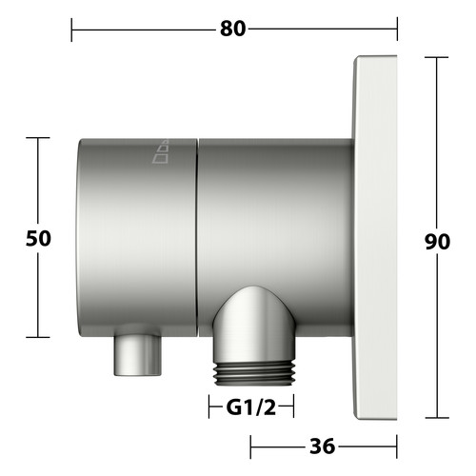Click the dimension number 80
coord(232,29)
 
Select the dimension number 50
coord(38,238)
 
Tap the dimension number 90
coord(437,242)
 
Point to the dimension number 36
coord(322,446)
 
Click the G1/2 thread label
coord(251,407)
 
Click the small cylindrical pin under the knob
coord(138,355)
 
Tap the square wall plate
coord(375,238)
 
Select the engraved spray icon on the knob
coord(161,151)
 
